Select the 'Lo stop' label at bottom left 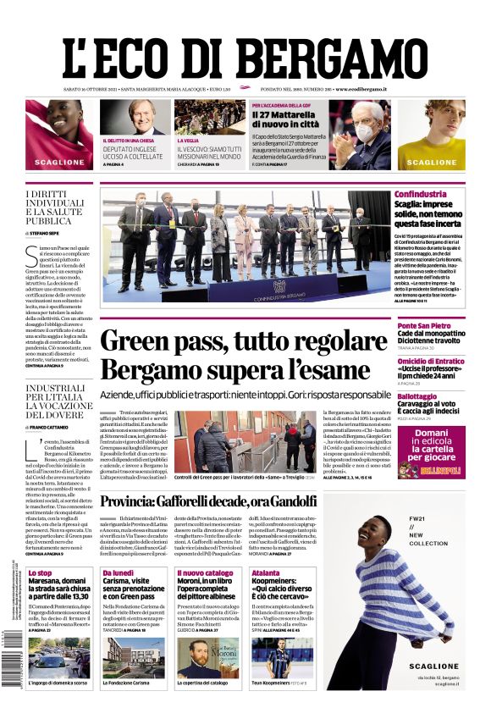pyautogui.click(x=40, y=573)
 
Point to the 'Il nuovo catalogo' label pyautogui.click(x=204, y=573)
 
